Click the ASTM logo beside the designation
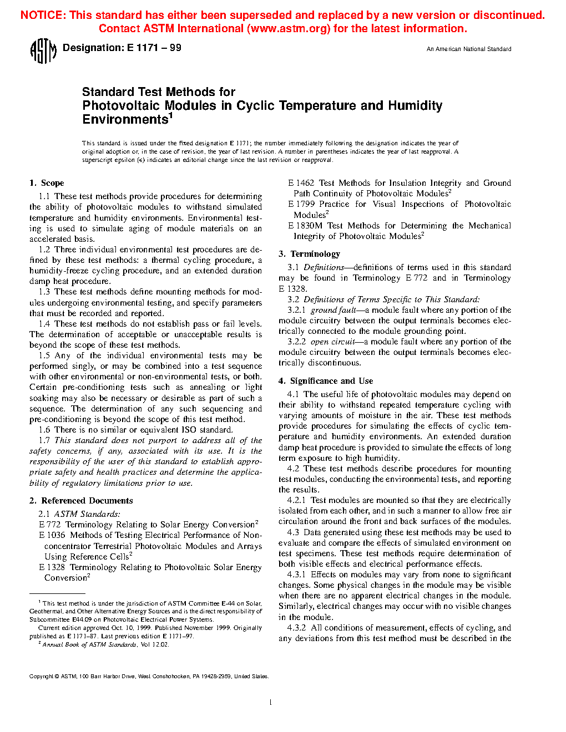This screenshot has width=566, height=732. click(43, 51)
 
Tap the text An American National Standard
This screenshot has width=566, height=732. click(468, 49)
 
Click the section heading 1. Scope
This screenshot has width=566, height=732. click(47, 183)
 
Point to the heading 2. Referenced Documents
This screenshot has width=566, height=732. click(81, 501)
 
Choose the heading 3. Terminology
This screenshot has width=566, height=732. click(309, 254)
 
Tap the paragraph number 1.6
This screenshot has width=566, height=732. click(44, 430)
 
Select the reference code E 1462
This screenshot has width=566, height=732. click(301, 183)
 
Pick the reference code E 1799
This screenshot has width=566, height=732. click(301, 204)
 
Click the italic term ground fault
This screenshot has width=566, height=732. click(333, 310)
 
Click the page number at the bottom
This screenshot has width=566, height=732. click(270, 703)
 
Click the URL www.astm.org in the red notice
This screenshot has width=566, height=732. click(289, 29)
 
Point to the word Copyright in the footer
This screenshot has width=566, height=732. click(41, 677)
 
